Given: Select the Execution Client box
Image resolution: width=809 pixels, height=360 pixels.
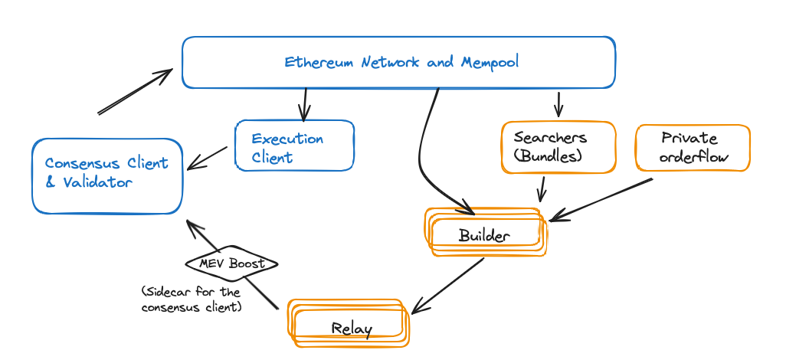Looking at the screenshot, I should coord(295,146).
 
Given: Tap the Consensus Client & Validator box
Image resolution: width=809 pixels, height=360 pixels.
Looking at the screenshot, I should coord(107,175).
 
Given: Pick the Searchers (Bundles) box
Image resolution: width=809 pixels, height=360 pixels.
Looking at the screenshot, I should coord(558,147).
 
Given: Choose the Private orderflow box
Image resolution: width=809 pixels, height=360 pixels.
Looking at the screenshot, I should coord(693,147).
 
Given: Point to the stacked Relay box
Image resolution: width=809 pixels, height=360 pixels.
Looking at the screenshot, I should coord(349,323).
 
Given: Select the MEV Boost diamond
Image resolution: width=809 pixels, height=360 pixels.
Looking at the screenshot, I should coord(231,263).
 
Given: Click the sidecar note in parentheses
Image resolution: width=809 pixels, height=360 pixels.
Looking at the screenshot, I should coord(191,299).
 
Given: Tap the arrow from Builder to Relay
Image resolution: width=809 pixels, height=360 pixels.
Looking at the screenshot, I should coord(448,285).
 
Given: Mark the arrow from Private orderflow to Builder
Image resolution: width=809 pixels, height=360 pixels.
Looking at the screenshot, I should coord(601,199).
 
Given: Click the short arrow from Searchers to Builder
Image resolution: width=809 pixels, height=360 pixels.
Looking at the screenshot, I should coord(542,188).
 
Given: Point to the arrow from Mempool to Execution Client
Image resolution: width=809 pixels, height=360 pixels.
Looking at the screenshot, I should coord(306,104).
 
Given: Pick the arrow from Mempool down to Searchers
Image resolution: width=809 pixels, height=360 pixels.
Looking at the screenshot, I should coord(558,103).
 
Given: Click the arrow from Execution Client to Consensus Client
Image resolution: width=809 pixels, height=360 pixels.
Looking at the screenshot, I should coord(208,159).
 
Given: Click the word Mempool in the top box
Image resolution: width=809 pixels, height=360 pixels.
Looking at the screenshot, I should coord(490,62).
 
